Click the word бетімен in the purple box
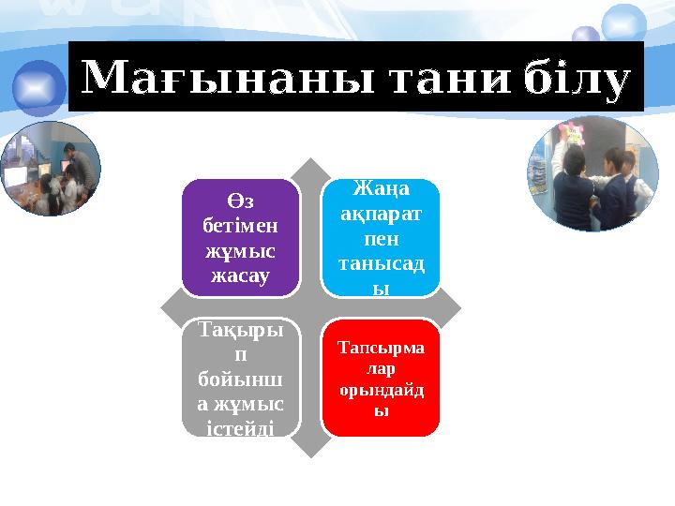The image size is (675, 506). [x=242, y=229]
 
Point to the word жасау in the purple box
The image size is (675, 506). [x=242, y=276]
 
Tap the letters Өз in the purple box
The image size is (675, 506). [x=242, y=204]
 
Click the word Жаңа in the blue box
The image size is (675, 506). [x=380, y=192]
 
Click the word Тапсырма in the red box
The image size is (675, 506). [x=380, y=350]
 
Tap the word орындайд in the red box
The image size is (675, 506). [x=380, y=390]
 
